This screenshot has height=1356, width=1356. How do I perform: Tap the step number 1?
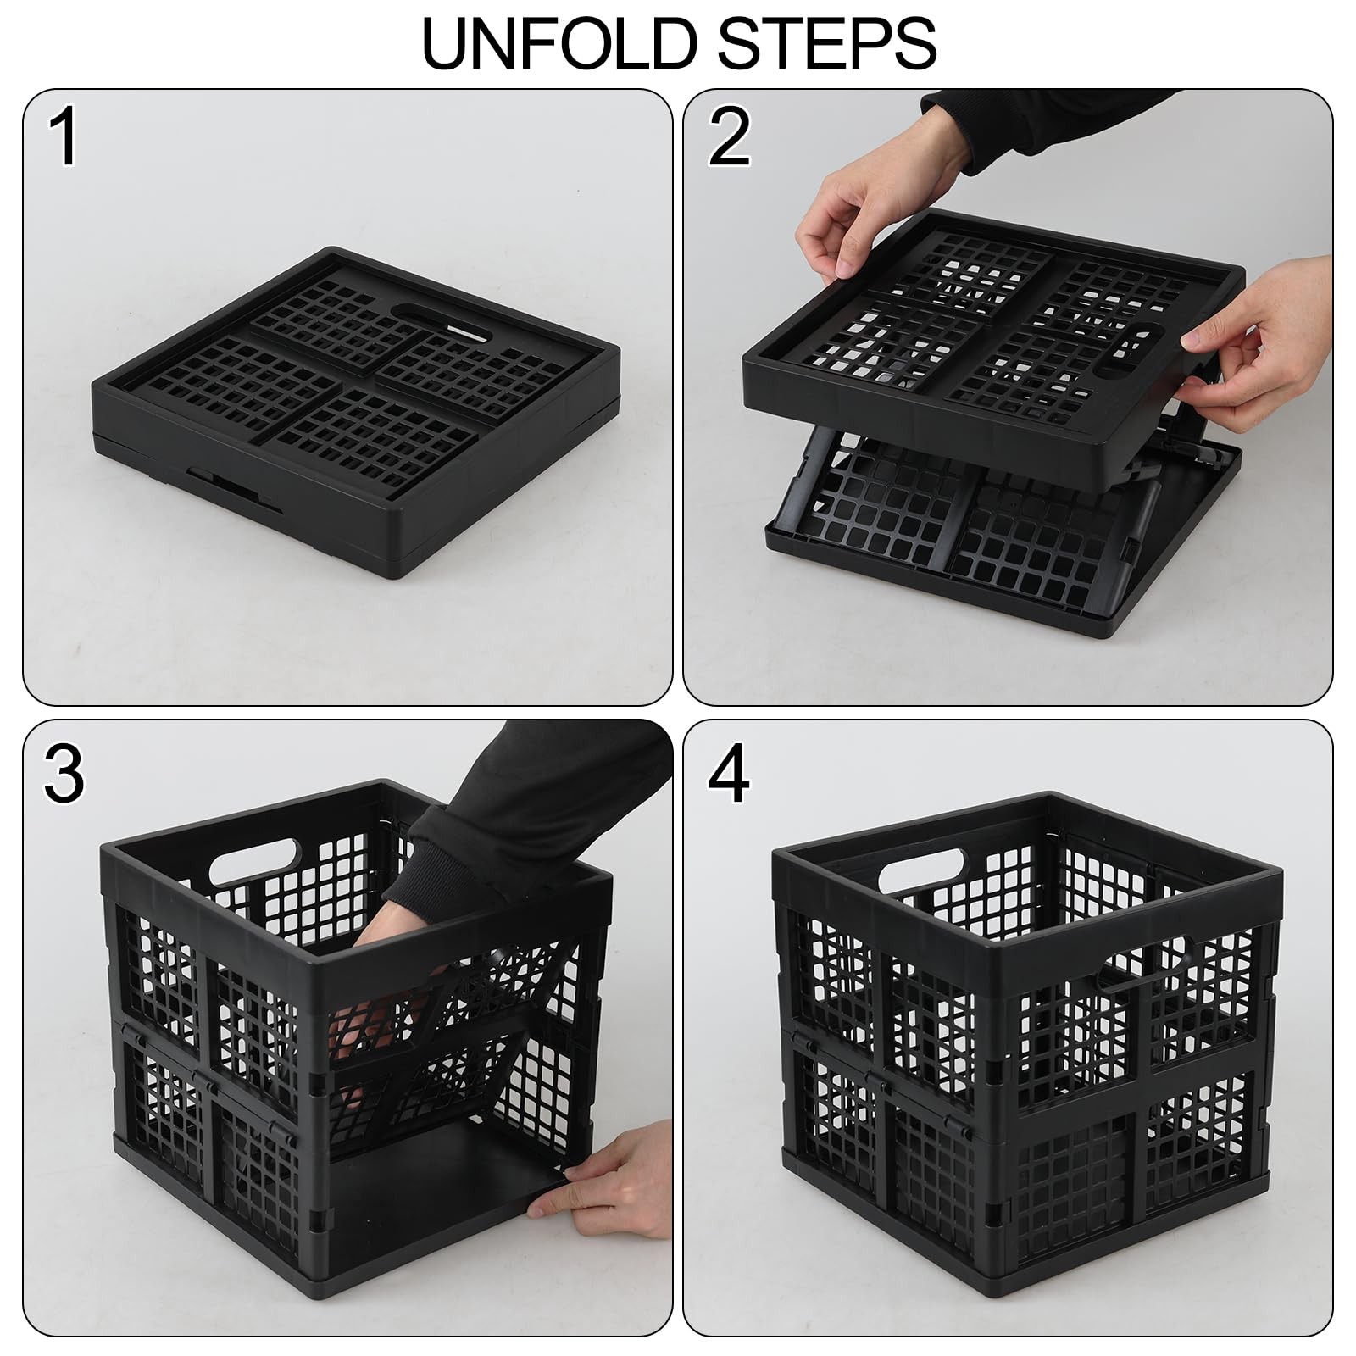point(64,138)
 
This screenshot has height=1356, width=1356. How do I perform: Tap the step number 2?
point(729,138)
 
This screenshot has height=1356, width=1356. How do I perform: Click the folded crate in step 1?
point(356,413)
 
